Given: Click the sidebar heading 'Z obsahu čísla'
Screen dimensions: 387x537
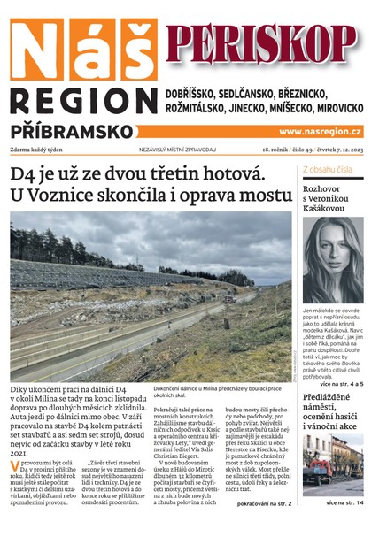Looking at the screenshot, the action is click(x=328, y=168).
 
